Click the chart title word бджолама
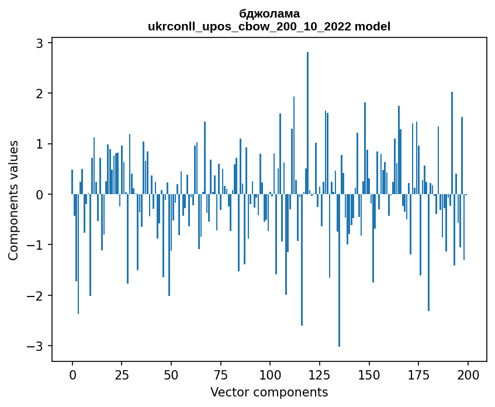pyautogui.click(x=269, y=14)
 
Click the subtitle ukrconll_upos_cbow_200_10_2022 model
pyautogui.click(x=269, y=26)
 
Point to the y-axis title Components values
pyautogui.click(x=13, y=200)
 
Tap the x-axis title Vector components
pyautogui.click(x=269, y=392)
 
